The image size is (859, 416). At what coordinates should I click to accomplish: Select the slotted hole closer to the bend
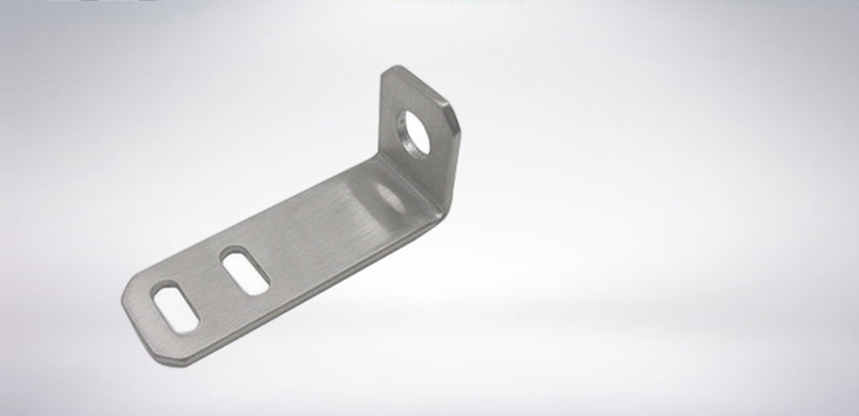[x=244, y=270]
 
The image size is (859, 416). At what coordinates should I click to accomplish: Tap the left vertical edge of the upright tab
[x=380, y=117]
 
